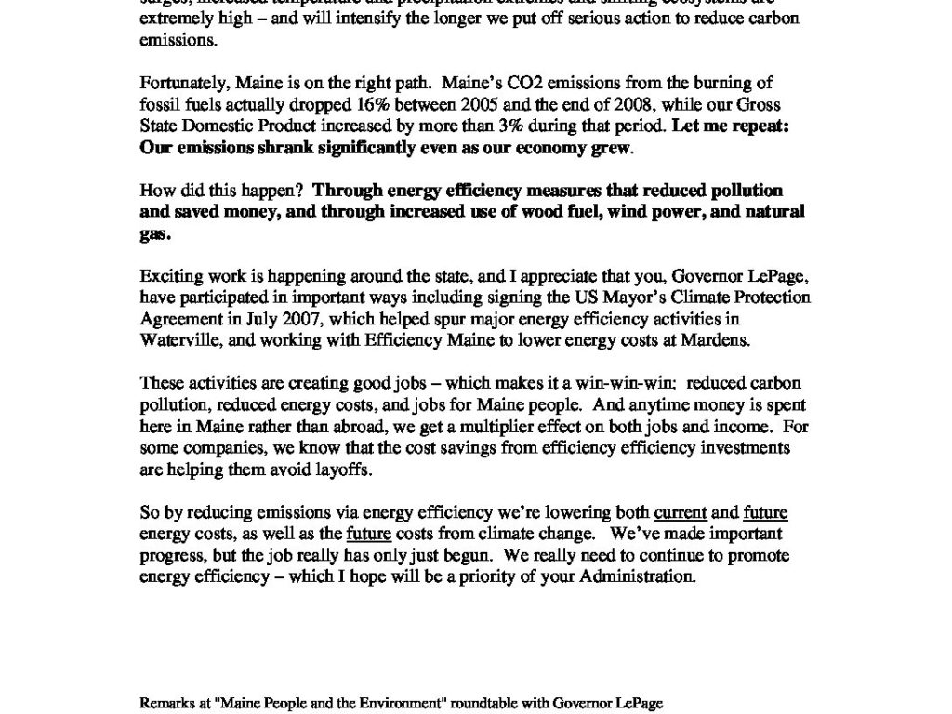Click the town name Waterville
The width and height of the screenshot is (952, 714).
(178, 339)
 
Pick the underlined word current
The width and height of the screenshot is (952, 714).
(681, 512)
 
